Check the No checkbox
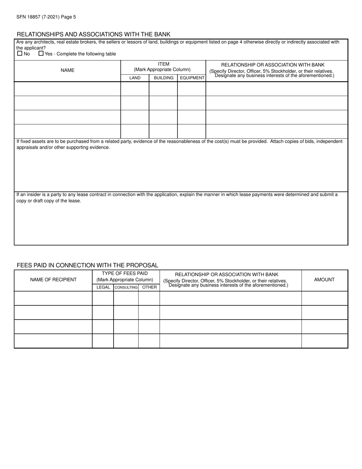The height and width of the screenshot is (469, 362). point(20,54)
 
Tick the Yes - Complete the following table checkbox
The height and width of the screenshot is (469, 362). point(41,54)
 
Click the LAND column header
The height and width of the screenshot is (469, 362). point(135,78)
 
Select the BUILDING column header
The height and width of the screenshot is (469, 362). point(163,78)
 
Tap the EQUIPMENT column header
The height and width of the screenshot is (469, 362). point(192,78)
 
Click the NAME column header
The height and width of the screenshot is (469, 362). point(67,70)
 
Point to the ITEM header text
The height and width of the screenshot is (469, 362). point(163,64)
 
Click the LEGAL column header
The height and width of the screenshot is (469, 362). point(103,287)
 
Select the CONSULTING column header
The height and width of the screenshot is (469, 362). point(126,287)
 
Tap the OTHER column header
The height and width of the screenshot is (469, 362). point(149,287)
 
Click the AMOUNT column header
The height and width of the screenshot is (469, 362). point(324,279)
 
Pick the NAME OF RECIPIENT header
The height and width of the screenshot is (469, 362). point(53,279)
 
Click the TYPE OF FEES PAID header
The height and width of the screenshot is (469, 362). point(125,273)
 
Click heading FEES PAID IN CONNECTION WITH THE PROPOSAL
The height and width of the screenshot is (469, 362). point(87,265)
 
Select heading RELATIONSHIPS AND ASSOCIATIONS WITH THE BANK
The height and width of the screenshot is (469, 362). point(93,34)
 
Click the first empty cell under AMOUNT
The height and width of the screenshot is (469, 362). point(325,298)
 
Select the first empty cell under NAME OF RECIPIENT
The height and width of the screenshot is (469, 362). point(53,298)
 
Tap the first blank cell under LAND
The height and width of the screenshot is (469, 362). point(135,88)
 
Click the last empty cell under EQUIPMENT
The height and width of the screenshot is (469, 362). point(192,131)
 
